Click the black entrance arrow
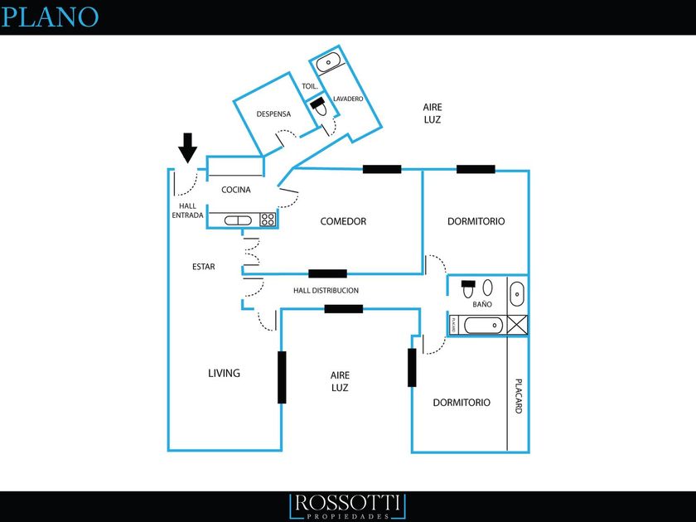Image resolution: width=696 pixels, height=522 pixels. [x=188, y=147]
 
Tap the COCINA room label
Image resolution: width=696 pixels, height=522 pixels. [x=235, y=190]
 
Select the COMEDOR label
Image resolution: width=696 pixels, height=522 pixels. [x=343, y=221]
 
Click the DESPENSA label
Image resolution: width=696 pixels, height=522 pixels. [x=273, y=114]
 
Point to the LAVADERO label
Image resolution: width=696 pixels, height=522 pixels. [x=348, y=99]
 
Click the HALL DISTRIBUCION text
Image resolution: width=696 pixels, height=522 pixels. [x=326, y=290]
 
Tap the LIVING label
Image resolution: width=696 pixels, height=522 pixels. [x=225, y=373]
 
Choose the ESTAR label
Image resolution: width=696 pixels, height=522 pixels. [x=203, y=267]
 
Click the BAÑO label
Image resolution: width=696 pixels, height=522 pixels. [x=482, y=304]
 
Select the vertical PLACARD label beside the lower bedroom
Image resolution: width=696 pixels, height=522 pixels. [x=518, y=396]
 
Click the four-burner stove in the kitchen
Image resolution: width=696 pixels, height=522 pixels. [x=268, y=220]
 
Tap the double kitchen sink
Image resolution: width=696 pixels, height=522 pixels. [x=238, y=220]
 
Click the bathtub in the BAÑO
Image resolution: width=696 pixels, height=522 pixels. [x=483, y=326]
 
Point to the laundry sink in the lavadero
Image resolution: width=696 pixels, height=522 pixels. [x=328, y=62]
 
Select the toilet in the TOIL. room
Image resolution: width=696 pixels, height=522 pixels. [x=318, y=107]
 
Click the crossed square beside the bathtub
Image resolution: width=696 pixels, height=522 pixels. [x=517, y=324]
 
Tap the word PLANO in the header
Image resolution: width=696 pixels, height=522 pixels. [x=49, y=17]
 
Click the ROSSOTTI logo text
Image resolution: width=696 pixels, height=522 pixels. [x=347, y=503]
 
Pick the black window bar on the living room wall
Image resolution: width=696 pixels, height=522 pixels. [x=282, y=377]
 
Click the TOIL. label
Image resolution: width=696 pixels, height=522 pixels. [x=310, y=86]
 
